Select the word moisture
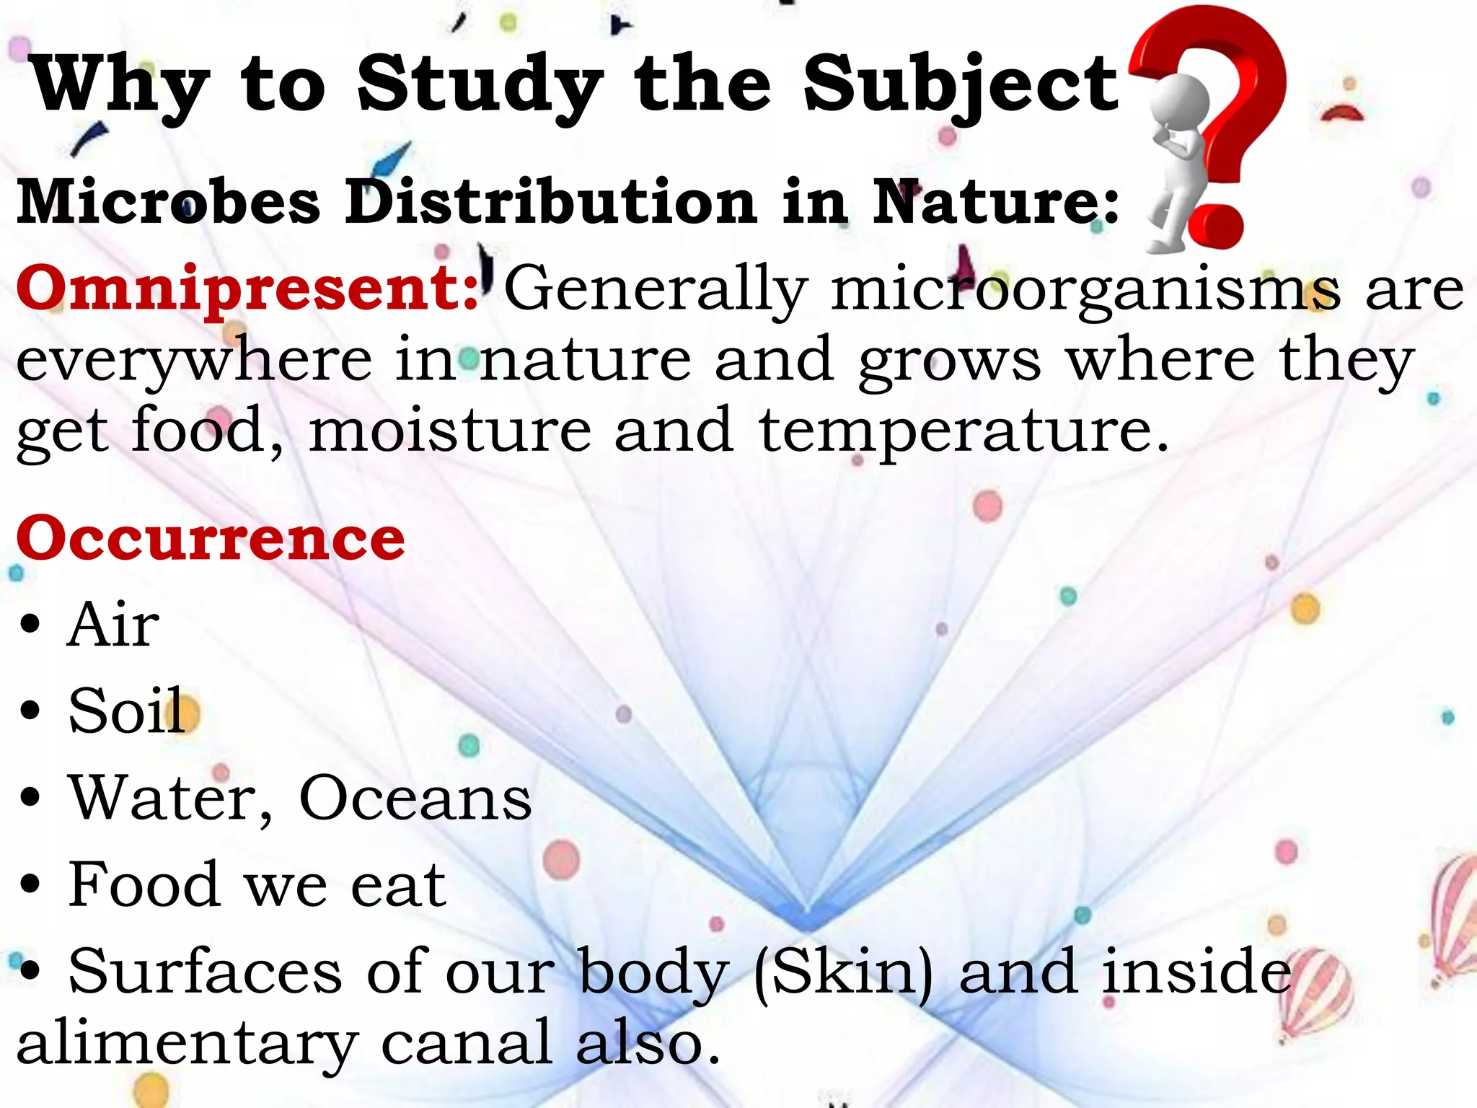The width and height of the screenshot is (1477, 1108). click(x=450, y=431)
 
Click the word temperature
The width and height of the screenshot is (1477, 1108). click(x=963, y=432)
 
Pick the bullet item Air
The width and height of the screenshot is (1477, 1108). click(x=113, y=625)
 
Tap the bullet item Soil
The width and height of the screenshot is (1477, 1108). click(x=127, y=711)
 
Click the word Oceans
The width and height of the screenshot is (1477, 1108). click(x=415, y=798)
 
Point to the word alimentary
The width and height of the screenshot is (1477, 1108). click(x=187, y=1045)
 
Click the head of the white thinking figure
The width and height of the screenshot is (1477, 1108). click(x=1178, y=101)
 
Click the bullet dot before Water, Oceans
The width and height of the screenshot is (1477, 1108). click(x=30, y=799)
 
